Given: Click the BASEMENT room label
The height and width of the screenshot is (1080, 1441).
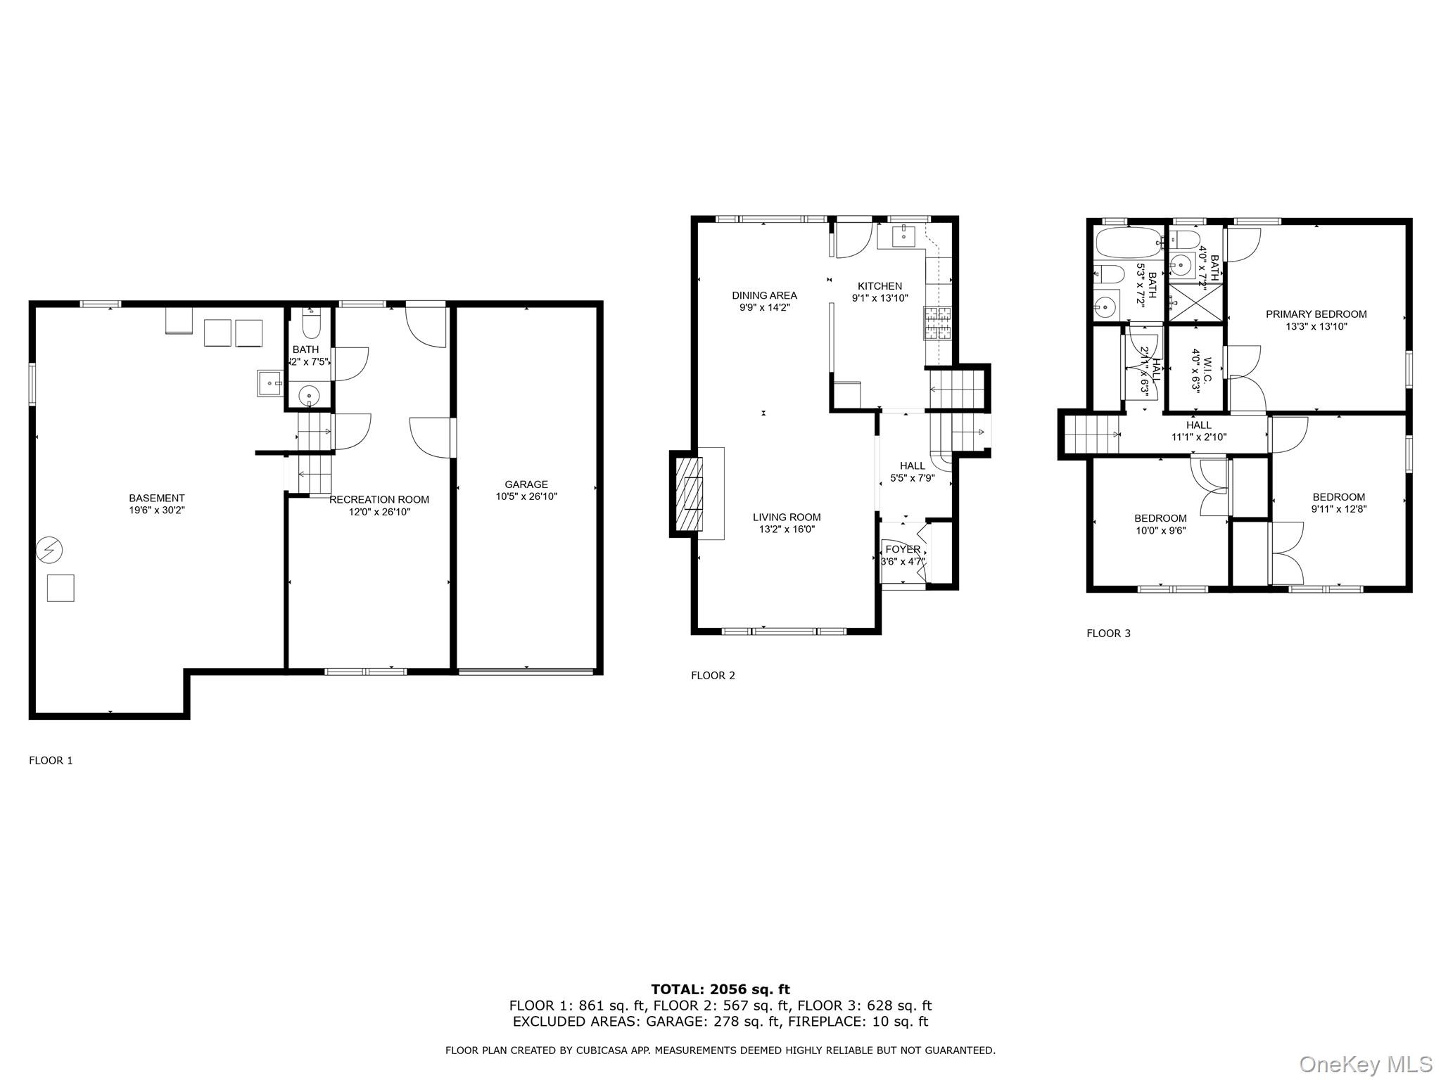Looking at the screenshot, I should point(156,498).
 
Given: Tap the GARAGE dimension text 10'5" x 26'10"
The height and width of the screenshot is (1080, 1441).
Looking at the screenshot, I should point(526,496).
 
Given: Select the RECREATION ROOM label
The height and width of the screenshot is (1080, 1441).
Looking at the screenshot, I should point(379,499).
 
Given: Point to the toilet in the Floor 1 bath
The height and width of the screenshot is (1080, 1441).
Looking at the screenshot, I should point(310,326).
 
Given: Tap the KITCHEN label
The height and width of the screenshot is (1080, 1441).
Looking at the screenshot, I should point(880,286).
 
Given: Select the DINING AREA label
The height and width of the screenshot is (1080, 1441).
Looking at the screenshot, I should point(764,295).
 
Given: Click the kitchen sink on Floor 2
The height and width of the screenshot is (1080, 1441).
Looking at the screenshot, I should point(903,237).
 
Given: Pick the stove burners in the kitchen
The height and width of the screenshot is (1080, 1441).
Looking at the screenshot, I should point(937,323).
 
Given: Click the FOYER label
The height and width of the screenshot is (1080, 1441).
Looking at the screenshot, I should point(903,549).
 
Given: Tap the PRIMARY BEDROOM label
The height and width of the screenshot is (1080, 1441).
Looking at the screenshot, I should point(1316,314).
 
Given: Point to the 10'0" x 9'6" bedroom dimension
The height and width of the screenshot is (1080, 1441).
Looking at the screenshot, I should point(1160,531).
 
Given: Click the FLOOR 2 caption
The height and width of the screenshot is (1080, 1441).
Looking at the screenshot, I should point(713,675).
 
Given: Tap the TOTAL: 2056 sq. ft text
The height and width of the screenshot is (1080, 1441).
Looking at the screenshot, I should point(720,989).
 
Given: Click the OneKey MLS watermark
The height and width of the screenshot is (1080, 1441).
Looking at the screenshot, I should point(1365,1064).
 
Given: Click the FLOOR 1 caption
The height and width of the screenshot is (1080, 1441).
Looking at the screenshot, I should point(51,760).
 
